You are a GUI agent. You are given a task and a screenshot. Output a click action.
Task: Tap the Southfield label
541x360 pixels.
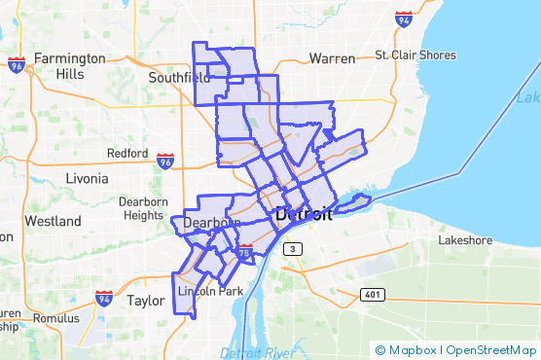click(179, 77)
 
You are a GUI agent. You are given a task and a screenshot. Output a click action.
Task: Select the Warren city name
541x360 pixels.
click(332, 58)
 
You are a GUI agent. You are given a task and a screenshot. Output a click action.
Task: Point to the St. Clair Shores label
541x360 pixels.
click(415, 55)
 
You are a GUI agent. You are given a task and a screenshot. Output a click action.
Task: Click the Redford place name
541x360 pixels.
click(127, 154)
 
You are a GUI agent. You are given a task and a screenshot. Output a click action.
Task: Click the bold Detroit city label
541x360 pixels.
click(304, 214)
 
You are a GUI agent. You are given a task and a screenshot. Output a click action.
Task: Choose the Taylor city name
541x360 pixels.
click(146, 302)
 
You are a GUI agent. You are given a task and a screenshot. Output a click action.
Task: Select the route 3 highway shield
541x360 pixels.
click(289, 250)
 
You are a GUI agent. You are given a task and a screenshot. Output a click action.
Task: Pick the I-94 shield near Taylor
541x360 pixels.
click(104, 299)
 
